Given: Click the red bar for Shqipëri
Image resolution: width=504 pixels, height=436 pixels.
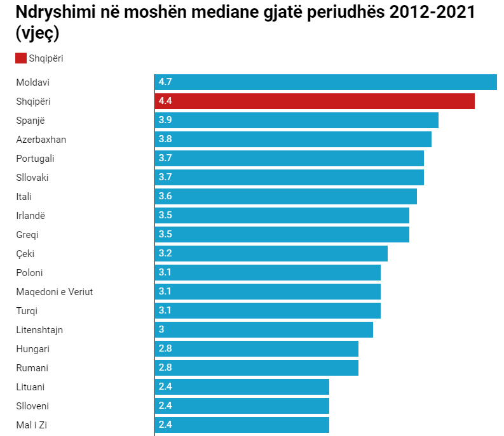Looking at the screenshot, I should click(315, 102).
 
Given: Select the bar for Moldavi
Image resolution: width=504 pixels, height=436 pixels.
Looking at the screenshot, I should click(325, 83).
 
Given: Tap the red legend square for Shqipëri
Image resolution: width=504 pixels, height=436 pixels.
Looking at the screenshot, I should click(21, 58).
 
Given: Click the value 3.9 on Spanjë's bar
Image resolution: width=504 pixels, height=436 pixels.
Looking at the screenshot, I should click(165, 120).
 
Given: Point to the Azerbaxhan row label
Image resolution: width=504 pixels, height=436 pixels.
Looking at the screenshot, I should click(41, 140).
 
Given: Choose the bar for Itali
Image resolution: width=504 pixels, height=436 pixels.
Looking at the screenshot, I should click(285, 197).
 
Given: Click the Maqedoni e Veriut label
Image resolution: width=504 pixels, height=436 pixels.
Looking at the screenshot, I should click(55, 292).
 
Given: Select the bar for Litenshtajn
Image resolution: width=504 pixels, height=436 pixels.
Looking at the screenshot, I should click(264, 330).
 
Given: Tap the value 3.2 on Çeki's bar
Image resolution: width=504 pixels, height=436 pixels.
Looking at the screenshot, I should click(165, 253).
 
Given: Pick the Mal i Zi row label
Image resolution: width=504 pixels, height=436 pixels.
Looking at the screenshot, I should click(32, 425).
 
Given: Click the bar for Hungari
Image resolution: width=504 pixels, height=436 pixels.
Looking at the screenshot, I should click(256, 349).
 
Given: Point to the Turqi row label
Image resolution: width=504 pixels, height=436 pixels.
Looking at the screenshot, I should click(27, 311).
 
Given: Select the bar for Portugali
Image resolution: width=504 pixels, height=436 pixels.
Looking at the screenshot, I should click(289, 159).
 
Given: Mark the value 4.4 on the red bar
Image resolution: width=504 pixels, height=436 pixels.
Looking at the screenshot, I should click(165, 101).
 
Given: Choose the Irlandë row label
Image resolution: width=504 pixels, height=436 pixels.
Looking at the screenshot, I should click(31, 216).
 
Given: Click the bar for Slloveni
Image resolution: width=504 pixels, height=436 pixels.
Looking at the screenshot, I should click(242, 406).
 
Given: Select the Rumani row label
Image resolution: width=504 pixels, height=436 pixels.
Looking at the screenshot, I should click(32, 368).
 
